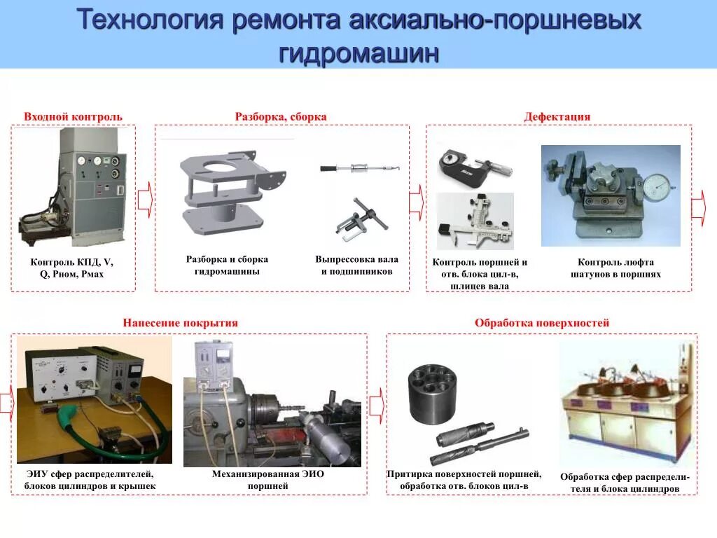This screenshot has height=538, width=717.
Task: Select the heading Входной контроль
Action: click(x=73, y=116)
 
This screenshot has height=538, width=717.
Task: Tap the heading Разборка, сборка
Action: click(x=281, y=116)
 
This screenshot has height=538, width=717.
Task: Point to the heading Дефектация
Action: click(x=557, y=116)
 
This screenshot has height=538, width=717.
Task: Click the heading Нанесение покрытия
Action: click(x=181, y=323)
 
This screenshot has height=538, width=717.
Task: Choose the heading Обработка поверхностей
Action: click(x=542, y=323)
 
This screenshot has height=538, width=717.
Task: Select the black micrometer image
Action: click(x=473, y=166)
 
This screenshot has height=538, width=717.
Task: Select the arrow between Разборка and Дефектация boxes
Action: click(x=417, y=201)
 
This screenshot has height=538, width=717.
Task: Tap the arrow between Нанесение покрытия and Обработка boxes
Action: click(x=376, y=404)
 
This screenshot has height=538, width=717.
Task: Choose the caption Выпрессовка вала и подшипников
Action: click(x=356, y=265)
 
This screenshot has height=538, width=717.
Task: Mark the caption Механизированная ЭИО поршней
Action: click(x=268, y=480)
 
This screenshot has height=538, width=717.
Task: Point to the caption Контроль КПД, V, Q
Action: click(x=71, y=268)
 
